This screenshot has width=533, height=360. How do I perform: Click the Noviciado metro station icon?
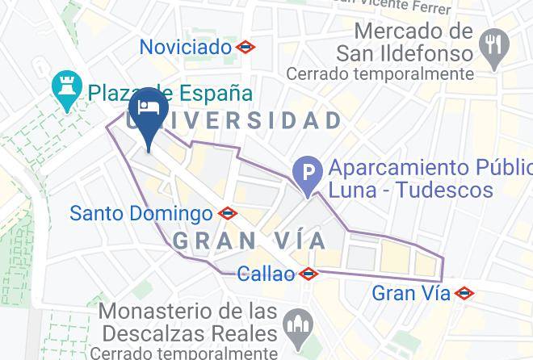point(246,48)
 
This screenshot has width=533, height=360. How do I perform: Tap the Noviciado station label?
point(186,47)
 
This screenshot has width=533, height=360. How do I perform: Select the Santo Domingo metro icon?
point(229,214)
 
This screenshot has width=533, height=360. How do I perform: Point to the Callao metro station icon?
point(308,274)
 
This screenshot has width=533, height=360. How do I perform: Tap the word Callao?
point(266,274)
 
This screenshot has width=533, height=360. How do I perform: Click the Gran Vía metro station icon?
point(464,294)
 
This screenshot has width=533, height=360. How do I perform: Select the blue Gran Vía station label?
point(410,293)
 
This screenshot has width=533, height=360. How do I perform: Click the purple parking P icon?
point(308,172)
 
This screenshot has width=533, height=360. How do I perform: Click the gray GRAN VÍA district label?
point(250,240)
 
